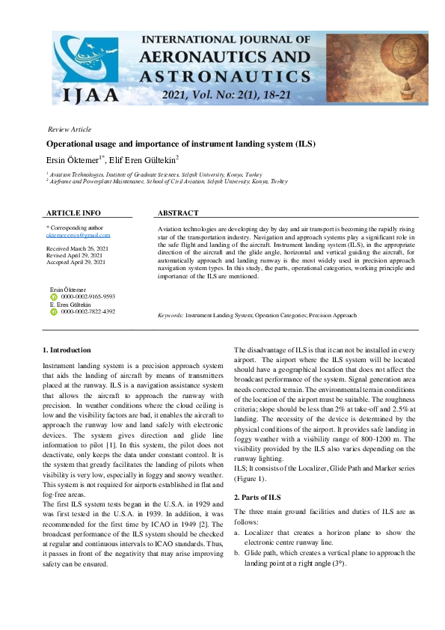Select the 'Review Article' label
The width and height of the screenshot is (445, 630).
(69, 129)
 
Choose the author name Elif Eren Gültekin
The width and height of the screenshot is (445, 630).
(147, 159)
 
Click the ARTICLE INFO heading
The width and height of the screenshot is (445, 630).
(73, 213)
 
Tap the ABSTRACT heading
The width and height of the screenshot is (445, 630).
(178, 213)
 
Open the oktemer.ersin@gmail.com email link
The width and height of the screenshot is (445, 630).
(78, 235)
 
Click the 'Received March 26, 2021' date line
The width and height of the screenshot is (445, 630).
(76, 248)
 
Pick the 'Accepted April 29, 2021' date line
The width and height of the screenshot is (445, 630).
(76, 262)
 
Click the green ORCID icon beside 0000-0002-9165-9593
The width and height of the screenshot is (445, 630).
(53, 296)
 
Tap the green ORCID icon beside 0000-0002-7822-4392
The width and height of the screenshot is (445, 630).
(53, 311)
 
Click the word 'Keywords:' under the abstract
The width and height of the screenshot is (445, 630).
(171, 316)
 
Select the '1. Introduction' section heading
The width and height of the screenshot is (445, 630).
(67, 349)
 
